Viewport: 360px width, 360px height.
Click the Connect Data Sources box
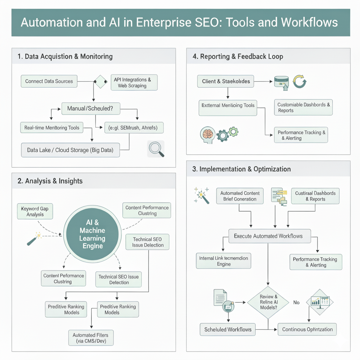pos(49,81)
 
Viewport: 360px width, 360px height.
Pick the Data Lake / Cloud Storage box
pos(70,150)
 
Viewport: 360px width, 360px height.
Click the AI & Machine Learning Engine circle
pos(92,234)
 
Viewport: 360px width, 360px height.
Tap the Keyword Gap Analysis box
pos(35,212)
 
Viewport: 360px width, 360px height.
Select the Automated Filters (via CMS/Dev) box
pos(91,338)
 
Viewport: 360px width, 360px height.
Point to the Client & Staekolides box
pos(226,81)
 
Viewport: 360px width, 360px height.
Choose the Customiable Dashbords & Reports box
pos(303,108)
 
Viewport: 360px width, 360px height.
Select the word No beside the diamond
pos(296,302)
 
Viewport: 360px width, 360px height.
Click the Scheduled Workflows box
pos(228,329)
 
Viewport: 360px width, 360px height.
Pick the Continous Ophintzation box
pos(307,329)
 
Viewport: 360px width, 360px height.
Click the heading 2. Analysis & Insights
pos(50,181)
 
